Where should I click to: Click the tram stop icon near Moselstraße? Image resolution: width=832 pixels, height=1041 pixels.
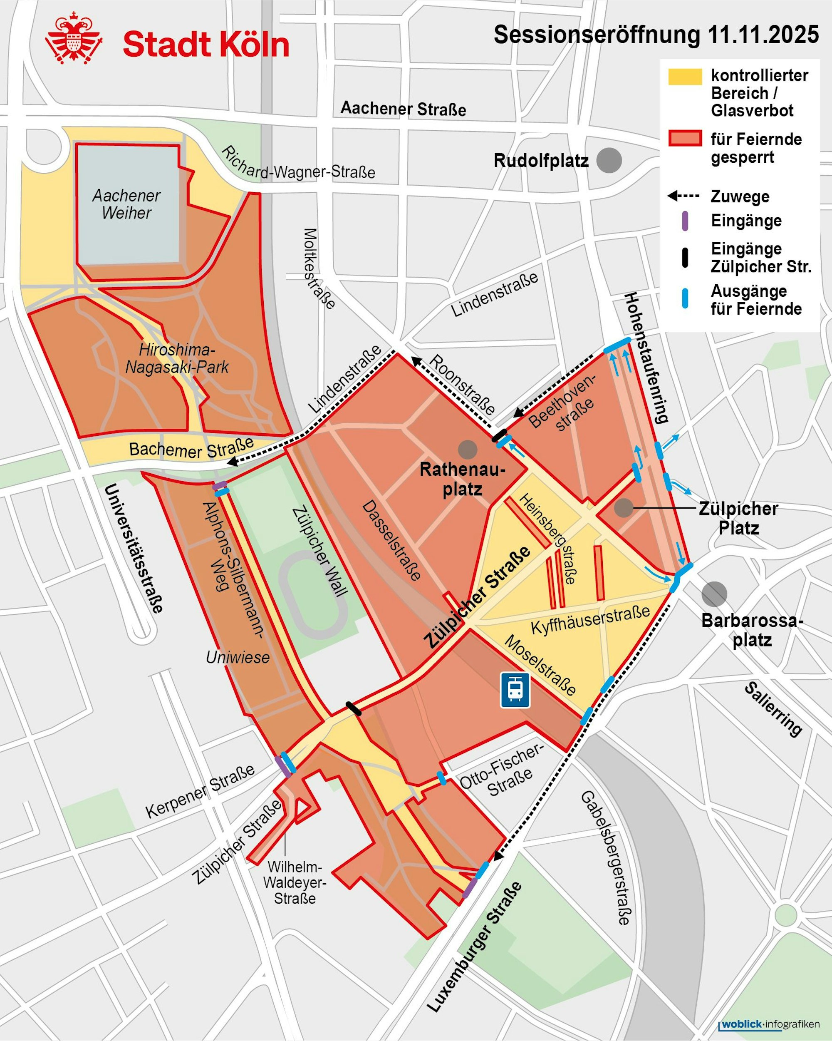[x=515, y=690]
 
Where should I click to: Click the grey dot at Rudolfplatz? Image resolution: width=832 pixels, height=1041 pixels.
[x=609, y=160]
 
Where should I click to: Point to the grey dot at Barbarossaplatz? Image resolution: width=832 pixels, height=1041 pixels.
[x=714, y=594]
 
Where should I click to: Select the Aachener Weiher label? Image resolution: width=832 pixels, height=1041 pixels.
[x=126, y=204]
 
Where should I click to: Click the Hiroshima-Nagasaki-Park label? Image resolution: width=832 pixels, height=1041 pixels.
[x=177, y=358]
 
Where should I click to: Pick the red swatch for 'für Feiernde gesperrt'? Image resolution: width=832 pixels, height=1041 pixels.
[x=684, y=139]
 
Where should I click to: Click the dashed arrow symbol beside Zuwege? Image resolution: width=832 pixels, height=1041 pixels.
[x=683, y=196]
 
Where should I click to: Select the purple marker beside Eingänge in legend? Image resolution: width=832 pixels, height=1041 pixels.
[x=684, y=221]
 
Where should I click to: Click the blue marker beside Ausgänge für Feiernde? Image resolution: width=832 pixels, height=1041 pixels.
[x=684, y=298]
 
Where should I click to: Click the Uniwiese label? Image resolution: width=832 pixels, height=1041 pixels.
[x=238, y=657]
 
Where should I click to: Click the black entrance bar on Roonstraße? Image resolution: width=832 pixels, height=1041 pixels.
[x=499, y=435]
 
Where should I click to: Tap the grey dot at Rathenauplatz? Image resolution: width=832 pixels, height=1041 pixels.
[x=467, y=449]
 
